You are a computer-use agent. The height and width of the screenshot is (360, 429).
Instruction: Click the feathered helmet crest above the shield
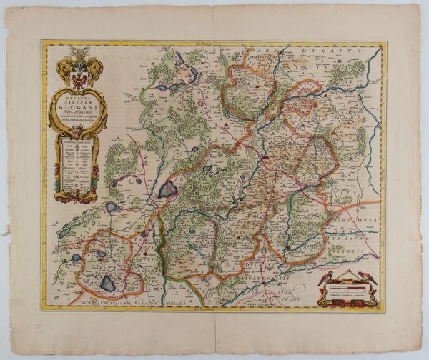click(x=78, y=55)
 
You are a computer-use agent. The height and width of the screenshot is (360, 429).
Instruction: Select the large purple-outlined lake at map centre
click(x=168, y=189)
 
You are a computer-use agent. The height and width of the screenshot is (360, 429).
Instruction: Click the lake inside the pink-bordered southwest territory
click(x=107, y=283)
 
